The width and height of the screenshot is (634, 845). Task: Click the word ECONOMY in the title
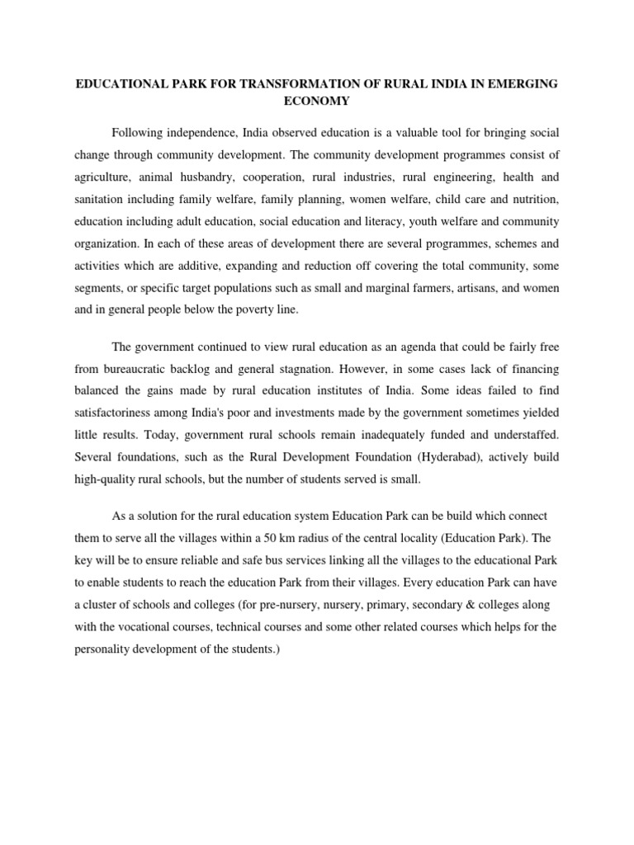[x=317, y=101]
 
